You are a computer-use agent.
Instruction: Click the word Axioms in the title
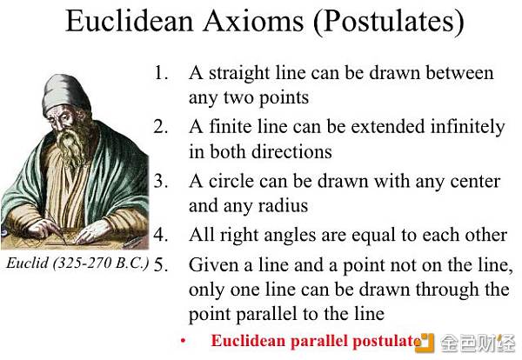[253, 21]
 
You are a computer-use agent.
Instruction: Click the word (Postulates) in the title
[388, 22]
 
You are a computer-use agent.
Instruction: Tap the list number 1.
[160, 72]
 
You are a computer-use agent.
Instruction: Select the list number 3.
[160, 181]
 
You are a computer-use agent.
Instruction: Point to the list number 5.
[160, 265]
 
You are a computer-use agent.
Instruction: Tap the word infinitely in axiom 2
[467, 128]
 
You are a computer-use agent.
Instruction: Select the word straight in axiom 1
[239, 74]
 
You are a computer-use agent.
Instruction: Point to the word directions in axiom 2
[291, 151]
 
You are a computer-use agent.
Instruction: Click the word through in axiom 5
[447, 290]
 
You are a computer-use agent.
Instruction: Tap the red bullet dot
[183, 340]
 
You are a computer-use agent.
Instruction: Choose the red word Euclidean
[248, 341]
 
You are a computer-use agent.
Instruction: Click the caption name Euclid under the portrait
[27, 263]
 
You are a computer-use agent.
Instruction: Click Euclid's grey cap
[65, 93]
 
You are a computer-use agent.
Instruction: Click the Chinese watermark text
[478, 343]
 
